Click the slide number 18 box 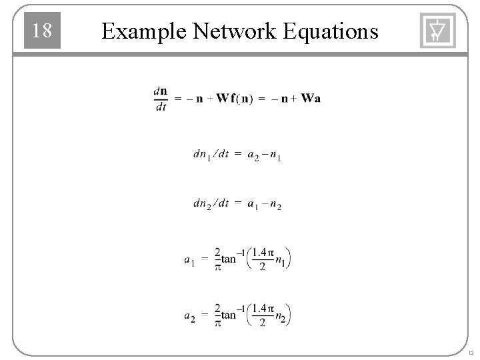pyautogui.click(x=42, y=31)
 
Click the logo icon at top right pyautogui.click(x=437, y=31)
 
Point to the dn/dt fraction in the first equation pyautogui.click(x=160, y=98)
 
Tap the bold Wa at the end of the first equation pyautogui.click(x=310, y=99)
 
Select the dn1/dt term pyautogui.click(x=210, y=155)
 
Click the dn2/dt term pyautogui.click(x=210, y=204)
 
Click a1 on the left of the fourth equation pyautogui.click(x=190, y=260)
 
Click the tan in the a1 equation pyautogui.click(x=229, y=259)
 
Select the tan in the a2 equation pyautogui.click(x=229, y=315)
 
